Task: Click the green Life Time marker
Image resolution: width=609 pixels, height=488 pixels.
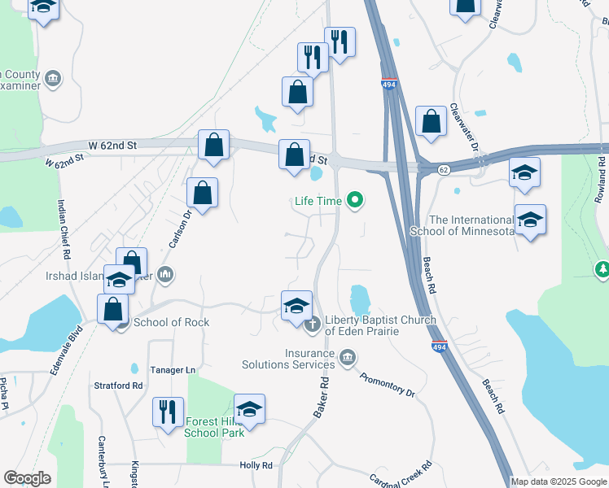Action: (x=354, y=199)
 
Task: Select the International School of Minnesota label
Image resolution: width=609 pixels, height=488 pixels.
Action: (x=472, y=225)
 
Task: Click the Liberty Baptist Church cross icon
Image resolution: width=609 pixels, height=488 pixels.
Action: (x=312, y=325)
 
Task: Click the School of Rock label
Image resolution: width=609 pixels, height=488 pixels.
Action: (x=171, y=322)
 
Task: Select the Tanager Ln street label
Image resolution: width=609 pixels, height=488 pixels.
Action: (x=173, y=370)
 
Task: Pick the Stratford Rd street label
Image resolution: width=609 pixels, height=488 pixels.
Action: (x=118, y=386)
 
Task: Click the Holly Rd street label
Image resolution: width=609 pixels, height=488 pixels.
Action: (x=256, y=465)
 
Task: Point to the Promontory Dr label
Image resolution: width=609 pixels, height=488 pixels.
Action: (x=388, y=385)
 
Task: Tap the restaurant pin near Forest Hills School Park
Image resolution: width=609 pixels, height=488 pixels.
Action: (x=168, y=410)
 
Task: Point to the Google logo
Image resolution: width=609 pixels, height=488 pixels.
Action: (x=27, y=478)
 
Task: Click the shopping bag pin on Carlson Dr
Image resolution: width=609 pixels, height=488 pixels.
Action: (x=202, y=194)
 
